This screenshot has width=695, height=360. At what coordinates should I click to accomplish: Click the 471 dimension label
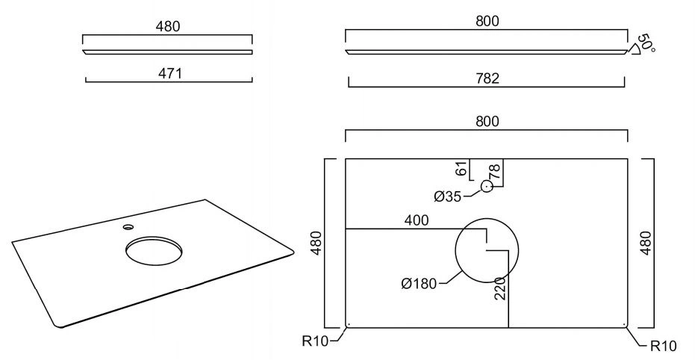pos(170,73)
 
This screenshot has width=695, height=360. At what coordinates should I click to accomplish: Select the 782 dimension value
pos(487,78)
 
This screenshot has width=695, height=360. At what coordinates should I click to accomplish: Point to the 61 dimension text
pos(461,169)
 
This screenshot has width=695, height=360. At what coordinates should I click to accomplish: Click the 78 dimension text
pos(495,171)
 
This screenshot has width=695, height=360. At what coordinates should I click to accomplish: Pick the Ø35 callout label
pos(448,196)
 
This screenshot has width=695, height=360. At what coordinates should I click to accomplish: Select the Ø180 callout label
pos(420,283)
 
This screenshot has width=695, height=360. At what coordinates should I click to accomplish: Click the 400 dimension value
pos(417,220)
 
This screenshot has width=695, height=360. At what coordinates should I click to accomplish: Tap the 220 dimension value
pos(500,288)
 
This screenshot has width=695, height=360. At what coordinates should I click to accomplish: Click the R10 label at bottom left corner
pos(315,341)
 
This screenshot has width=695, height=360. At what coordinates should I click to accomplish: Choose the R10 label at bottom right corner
pos(664,345)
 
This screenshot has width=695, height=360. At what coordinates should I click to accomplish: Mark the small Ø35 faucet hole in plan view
pos(487,187)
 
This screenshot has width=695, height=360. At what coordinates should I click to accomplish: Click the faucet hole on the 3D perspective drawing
pos(128,228)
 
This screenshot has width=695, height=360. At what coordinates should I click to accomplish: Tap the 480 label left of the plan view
pos(317,243)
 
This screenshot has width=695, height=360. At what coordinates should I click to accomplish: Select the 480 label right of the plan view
pos(646,243)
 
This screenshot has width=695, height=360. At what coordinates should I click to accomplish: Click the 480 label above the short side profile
pos(168,27)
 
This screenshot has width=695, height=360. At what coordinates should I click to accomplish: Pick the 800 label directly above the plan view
pos(487,121)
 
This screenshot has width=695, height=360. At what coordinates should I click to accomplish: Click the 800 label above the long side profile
pos(487,21)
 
